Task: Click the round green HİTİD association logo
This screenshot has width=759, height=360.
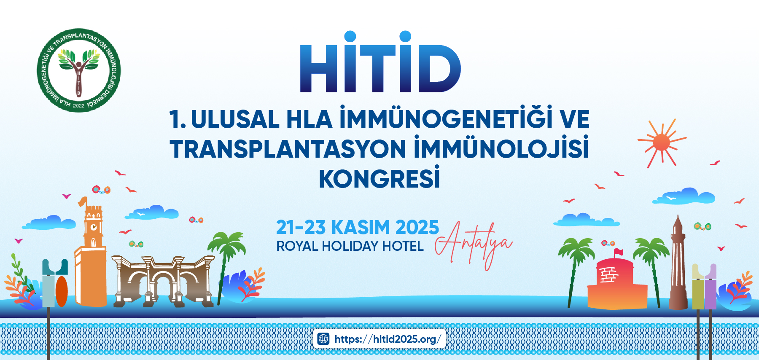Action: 79,70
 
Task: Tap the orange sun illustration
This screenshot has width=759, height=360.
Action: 661,142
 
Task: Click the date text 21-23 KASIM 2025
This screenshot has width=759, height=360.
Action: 357,228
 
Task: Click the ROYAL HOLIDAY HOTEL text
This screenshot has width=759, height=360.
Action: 350,246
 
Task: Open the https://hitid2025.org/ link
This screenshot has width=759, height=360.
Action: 387,339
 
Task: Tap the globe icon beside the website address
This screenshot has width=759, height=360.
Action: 323,339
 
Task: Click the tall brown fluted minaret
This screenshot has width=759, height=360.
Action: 678,266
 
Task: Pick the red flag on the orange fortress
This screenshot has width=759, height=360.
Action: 618,253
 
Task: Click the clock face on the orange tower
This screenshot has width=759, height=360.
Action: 94,227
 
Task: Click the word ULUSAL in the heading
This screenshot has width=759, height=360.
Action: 235,119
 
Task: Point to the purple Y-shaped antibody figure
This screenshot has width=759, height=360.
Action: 711,287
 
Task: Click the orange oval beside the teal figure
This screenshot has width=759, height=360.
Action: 62,291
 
